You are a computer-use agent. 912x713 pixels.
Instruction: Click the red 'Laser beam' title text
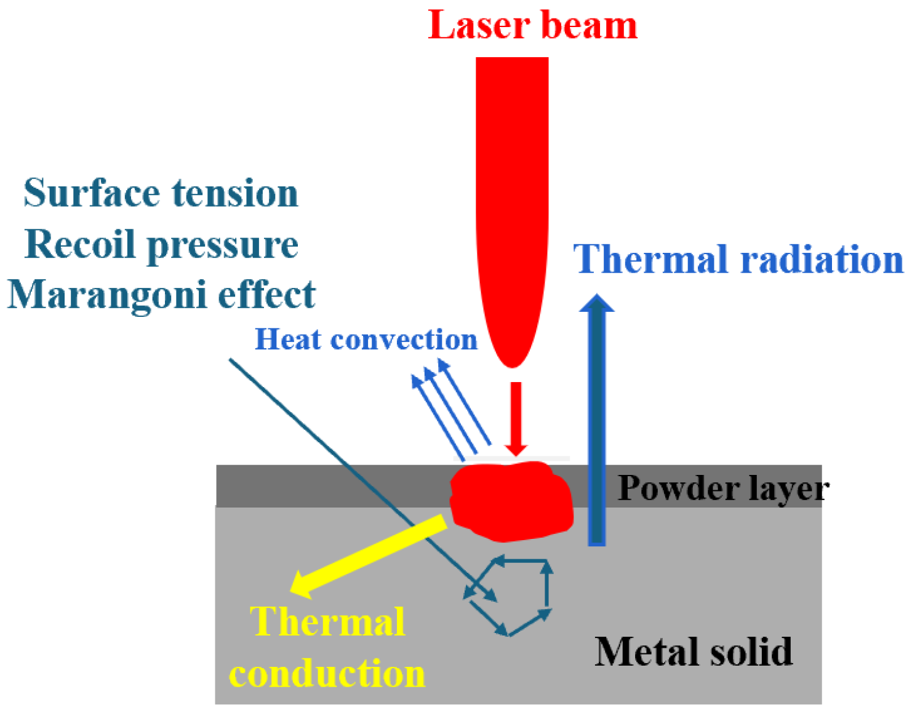tap(532, 26)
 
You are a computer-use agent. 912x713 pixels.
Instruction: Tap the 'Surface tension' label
tap(161, 193)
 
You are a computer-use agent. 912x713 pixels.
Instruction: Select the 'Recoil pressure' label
tap(161, 245)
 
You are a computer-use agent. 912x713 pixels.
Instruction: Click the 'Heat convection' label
tap(366, 340)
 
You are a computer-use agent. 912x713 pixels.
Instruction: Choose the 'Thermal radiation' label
tap(738, 259)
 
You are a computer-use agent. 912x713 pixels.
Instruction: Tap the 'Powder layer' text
tap(723, 488)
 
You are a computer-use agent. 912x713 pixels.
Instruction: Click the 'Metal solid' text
tap(694, 651)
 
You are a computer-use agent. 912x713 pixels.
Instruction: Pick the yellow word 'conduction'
tap(327, 673)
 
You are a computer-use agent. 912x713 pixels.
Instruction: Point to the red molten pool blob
tap(511, 501)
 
